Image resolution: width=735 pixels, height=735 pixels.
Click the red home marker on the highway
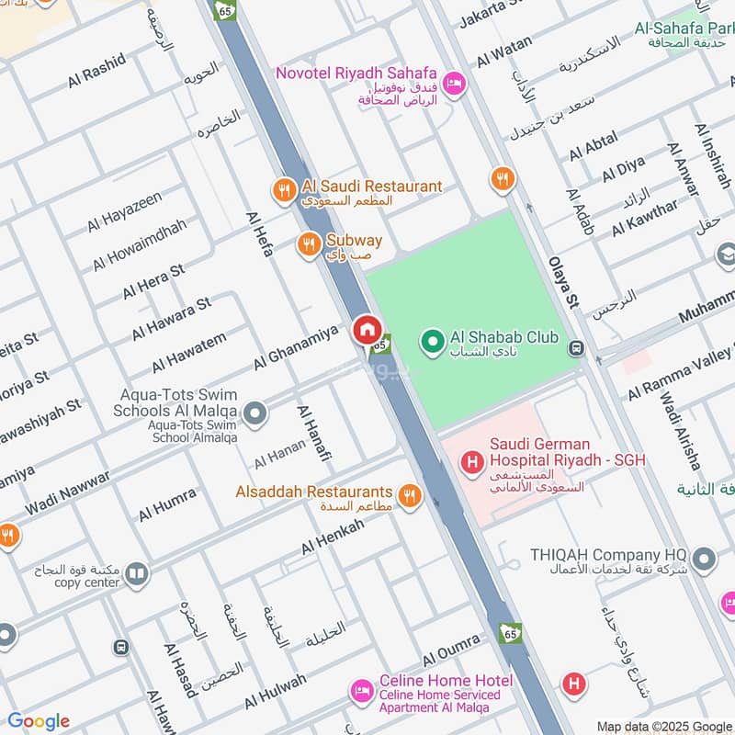(367, 330)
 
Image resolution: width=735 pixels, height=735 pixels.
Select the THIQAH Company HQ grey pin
(704, 558)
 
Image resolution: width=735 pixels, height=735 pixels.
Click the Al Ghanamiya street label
(296, 346)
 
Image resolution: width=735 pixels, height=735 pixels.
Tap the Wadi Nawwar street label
(66, 492)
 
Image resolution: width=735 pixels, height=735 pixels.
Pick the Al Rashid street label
(96, 71)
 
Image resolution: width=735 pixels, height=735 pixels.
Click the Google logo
(39, 721)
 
